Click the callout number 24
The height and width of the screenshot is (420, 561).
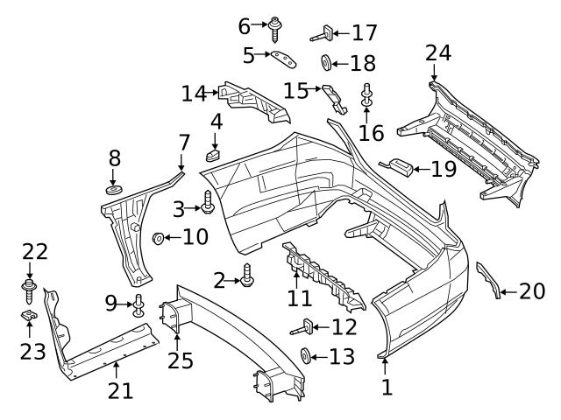pyautogui.click(x=438, y=53)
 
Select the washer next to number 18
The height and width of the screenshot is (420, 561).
pyautogui.click(x=324, y=63)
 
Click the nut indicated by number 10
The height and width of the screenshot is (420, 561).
pyautogui.click(x=159, y=237)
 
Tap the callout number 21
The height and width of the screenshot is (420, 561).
pyautogui.click(x=120, y=390)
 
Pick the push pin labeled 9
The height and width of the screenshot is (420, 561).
pyautogui.click(x=138, y=306)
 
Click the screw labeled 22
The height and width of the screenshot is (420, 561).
pyautogui.click(x=29, y=286)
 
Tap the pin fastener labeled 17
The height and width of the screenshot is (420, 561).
pyautogui.click(x=322, y=34)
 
